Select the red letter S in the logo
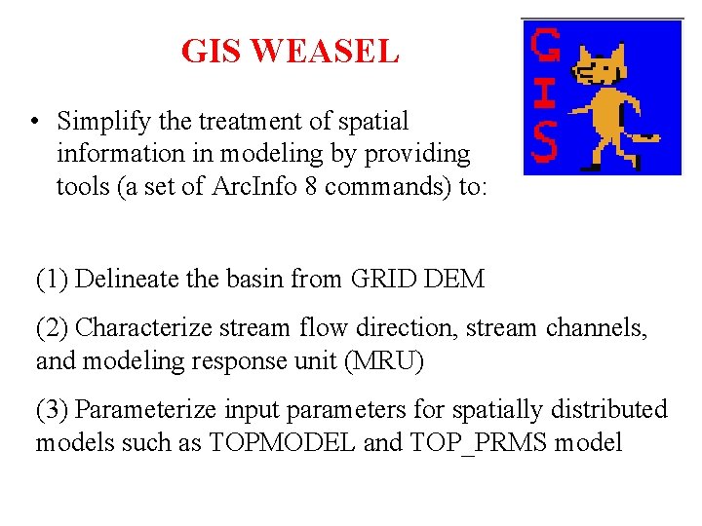coord(544,144)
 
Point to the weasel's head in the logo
coord(596,69)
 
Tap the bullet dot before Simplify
coord(34,123)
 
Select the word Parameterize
coord(143,410)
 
